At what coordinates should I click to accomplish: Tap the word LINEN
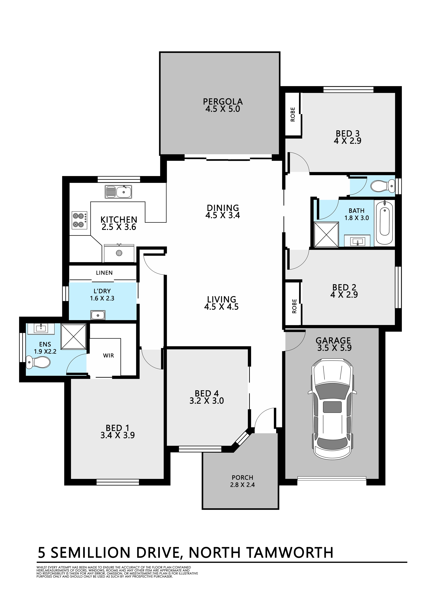tap(104, 273)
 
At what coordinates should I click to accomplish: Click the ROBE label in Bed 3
tap(293, 115)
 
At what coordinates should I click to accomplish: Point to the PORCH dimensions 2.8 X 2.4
tap(242, 485)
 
